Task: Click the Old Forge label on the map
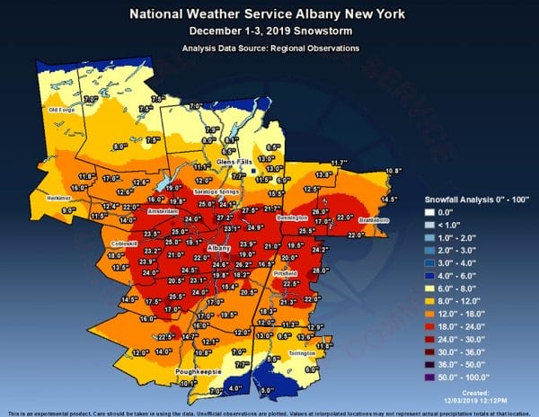click(x=60, y=110)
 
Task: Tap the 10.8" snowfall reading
click(x=394, y=171)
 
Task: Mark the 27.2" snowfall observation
click(x=224, y=217)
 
